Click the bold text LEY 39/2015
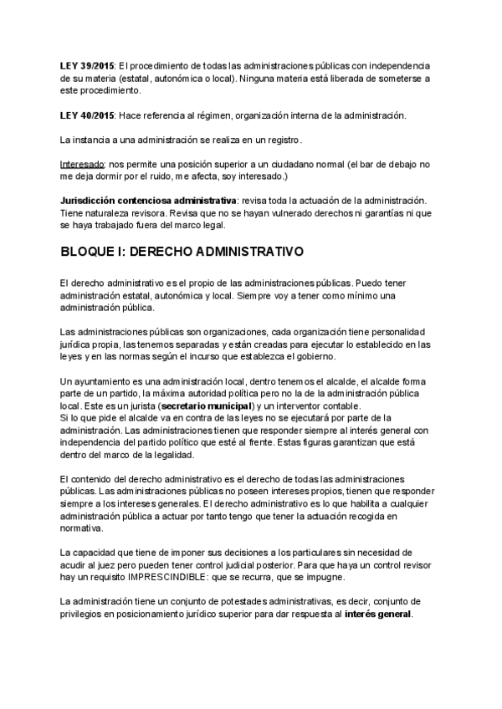(x=87, y=65)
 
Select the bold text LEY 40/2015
(x=87, y=114)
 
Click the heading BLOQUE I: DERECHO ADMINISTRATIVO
(x=182, y=252)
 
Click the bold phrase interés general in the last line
(x=378, y=614)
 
